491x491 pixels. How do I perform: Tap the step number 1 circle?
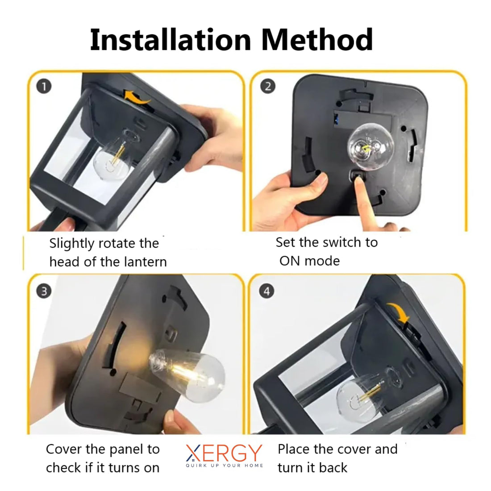pos(44,86)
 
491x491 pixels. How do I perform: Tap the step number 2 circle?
pos(267,86)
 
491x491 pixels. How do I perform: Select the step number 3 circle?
pos(44,291)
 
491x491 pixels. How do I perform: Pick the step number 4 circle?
pos(267,291)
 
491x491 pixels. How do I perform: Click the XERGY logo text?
pos(223,453)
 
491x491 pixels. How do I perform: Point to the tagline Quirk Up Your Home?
pos(224,466)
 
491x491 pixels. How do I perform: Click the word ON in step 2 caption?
pos(290,261)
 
